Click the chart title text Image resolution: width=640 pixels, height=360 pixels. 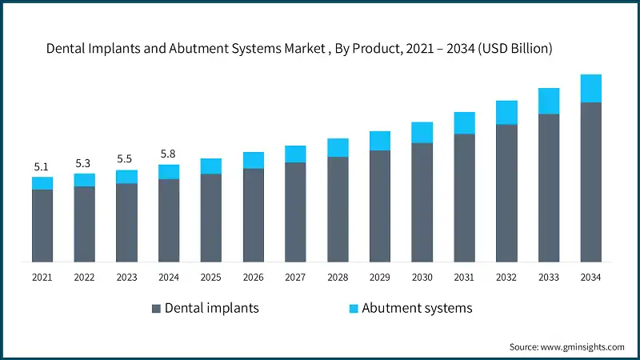coord(299,49)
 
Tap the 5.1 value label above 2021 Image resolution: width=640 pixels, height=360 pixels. coord(42,166)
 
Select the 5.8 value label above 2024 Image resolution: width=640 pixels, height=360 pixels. coord(168,154)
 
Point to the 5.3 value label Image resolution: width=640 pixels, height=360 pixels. coord(84,163)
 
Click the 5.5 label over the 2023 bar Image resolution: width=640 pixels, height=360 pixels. coord(126,159)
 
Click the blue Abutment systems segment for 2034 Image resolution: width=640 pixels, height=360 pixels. coord(590,89)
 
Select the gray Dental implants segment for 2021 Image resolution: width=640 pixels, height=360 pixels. coord(42,226)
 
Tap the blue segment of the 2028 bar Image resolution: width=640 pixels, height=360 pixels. coord(338,148)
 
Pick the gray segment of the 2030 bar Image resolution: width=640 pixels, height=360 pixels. coord(422,202)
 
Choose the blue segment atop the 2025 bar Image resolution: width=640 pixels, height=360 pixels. coord(211,166)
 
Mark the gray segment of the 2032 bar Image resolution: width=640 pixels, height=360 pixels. coord(506,193)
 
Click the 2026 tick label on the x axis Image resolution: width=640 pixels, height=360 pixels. coord(253,277)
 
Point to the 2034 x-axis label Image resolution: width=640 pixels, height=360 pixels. coord(590,277)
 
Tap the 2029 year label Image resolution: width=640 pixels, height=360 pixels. coord(379,277)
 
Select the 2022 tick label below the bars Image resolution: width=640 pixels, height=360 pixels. coord(84,277)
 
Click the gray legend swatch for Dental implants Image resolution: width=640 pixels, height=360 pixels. coord(156,309)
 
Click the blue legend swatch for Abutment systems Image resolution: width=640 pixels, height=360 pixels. coord(353,309)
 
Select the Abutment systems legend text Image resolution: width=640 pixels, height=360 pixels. coord(417,308)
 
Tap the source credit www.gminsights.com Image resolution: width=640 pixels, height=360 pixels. coord(566,347)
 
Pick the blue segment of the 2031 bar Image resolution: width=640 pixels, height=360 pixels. coord(464,123)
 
